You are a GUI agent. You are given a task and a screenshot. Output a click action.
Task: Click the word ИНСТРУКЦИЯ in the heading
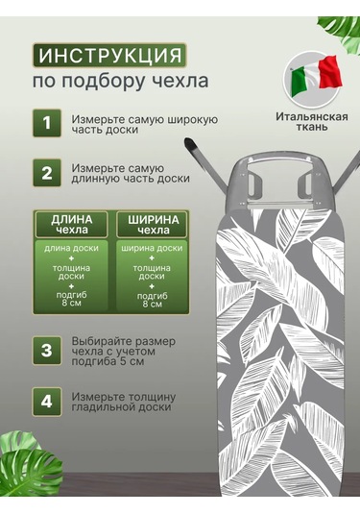[x=109, y=55]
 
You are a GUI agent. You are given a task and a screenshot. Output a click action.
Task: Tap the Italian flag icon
[x=312, y=77]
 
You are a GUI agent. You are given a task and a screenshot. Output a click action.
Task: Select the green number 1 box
[x=47, y=123]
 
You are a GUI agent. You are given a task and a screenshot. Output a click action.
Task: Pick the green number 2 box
[x=47, y=172]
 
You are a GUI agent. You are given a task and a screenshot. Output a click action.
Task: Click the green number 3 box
[x=47, y=351]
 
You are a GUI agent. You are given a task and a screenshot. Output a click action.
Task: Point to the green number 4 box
[x=47, y=402]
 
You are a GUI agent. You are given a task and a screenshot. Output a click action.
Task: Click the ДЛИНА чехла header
[x=72, y=224]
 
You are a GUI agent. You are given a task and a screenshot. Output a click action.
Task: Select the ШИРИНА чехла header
[x=153, y=224]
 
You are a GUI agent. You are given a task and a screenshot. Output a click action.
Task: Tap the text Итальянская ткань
[x=312, y=121]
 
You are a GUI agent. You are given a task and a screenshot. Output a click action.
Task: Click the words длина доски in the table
[x=71, y=248]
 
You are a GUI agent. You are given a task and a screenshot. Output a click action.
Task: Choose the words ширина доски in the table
[x=152, y=248]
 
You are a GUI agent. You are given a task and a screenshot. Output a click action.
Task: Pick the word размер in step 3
[x=156, y=342]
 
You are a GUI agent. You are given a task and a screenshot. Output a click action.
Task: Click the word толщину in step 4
[x=152, y=398]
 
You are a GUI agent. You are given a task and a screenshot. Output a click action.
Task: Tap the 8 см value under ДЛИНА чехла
[x=71, y=303]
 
